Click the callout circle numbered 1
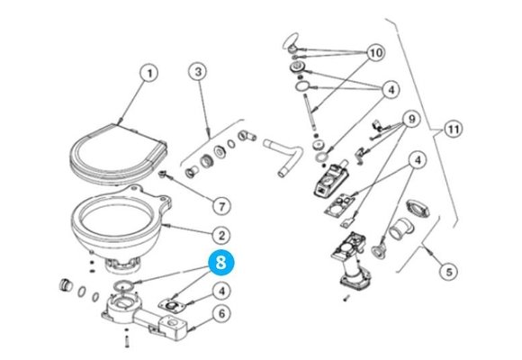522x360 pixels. pyautogui.click(x=149, y=73)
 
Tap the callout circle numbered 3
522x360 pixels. pyautogui.click(x=199, y=73)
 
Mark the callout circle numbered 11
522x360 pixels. pyautogui.click(x=453, y=130)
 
